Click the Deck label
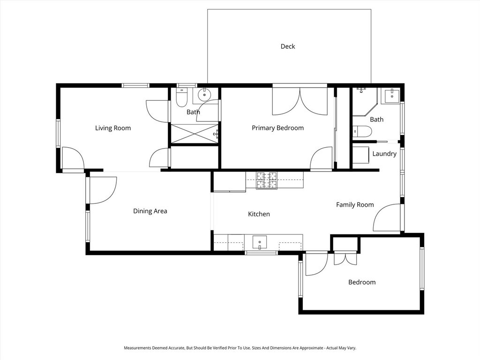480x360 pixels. [x=288, y=46]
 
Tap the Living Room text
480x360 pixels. [x=113, y=128]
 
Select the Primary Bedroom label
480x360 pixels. [x=277, y=128]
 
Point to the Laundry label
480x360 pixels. [x=384, y=154]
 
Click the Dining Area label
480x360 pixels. [x=150, y=211]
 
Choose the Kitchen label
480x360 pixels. [x=259, y=214]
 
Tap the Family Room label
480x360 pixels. [x=355, y=204]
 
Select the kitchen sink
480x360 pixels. [x=259, y=243]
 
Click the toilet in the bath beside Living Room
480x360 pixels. [x=182, y=97]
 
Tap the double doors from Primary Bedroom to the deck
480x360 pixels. [x=300, y=102]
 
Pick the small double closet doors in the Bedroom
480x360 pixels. [x=345, y=259]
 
